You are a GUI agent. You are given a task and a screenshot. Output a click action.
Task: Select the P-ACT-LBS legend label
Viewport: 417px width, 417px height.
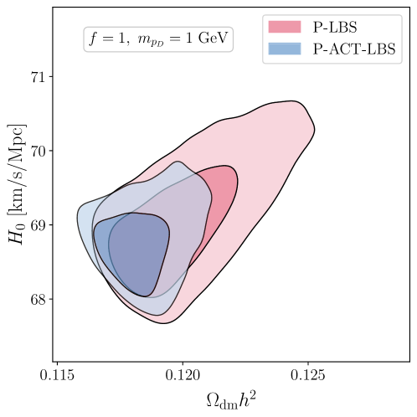(x=354, y=49)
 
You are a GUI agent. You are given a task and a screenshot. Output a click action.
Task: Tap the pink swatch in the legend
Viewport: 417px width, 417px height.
(x=284, y=28)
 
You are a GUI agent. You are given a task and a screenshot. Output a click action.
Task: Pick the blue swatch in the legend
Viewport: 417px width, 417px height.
(x=284, y=49)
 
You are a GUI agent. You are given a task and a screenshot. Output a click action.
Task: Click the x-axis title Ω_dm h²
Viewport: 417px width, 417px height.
(x=232, y=400)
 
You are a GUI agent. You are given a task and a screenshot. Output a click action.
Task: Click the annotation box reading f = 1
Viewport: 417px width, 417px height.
(x=158, y=39)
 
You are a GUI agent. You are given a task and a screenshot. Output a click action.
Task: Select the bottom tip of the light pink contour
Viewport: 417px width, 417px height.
(x=163, y=322)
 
